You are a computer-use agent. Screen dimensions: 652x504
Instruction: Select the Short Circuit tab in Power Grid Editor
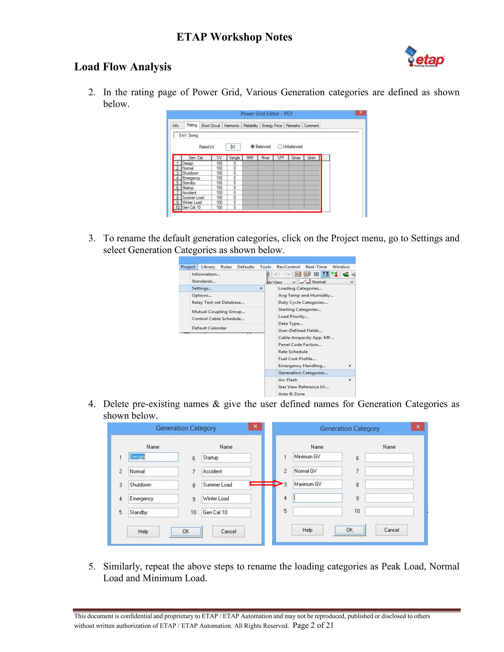(x=210, y=126)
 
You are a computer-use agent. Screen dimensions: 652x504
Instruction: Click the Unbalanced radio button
(x=280, y=147)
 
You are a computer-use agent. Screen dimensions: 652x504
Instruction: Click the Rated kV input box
(x=233, y=147)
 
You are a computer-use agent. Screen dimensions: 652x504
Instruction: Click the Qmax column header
(x=296, y=158)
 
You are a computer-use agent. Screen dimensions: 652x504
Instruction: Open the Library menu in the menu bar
(x=208, y=267)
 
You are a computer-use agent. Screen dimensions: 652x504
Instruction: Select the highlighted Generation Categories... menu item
(x=303, y=373)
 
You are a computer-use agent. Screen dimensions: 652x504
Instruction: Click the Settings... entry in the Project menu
(x=202, y=288)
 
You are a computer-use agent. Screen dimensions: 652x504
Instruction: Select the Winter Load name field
(x=226, y=498)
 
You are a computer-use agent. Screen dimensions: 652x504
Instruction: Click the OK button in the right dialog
(x=349, y=530)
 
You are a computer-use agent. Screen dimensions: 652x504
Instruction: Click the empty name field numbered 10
(x=389, y=512)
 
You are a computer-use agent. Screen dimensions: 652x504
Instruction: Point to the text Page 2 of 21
(x=313, y=625)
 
